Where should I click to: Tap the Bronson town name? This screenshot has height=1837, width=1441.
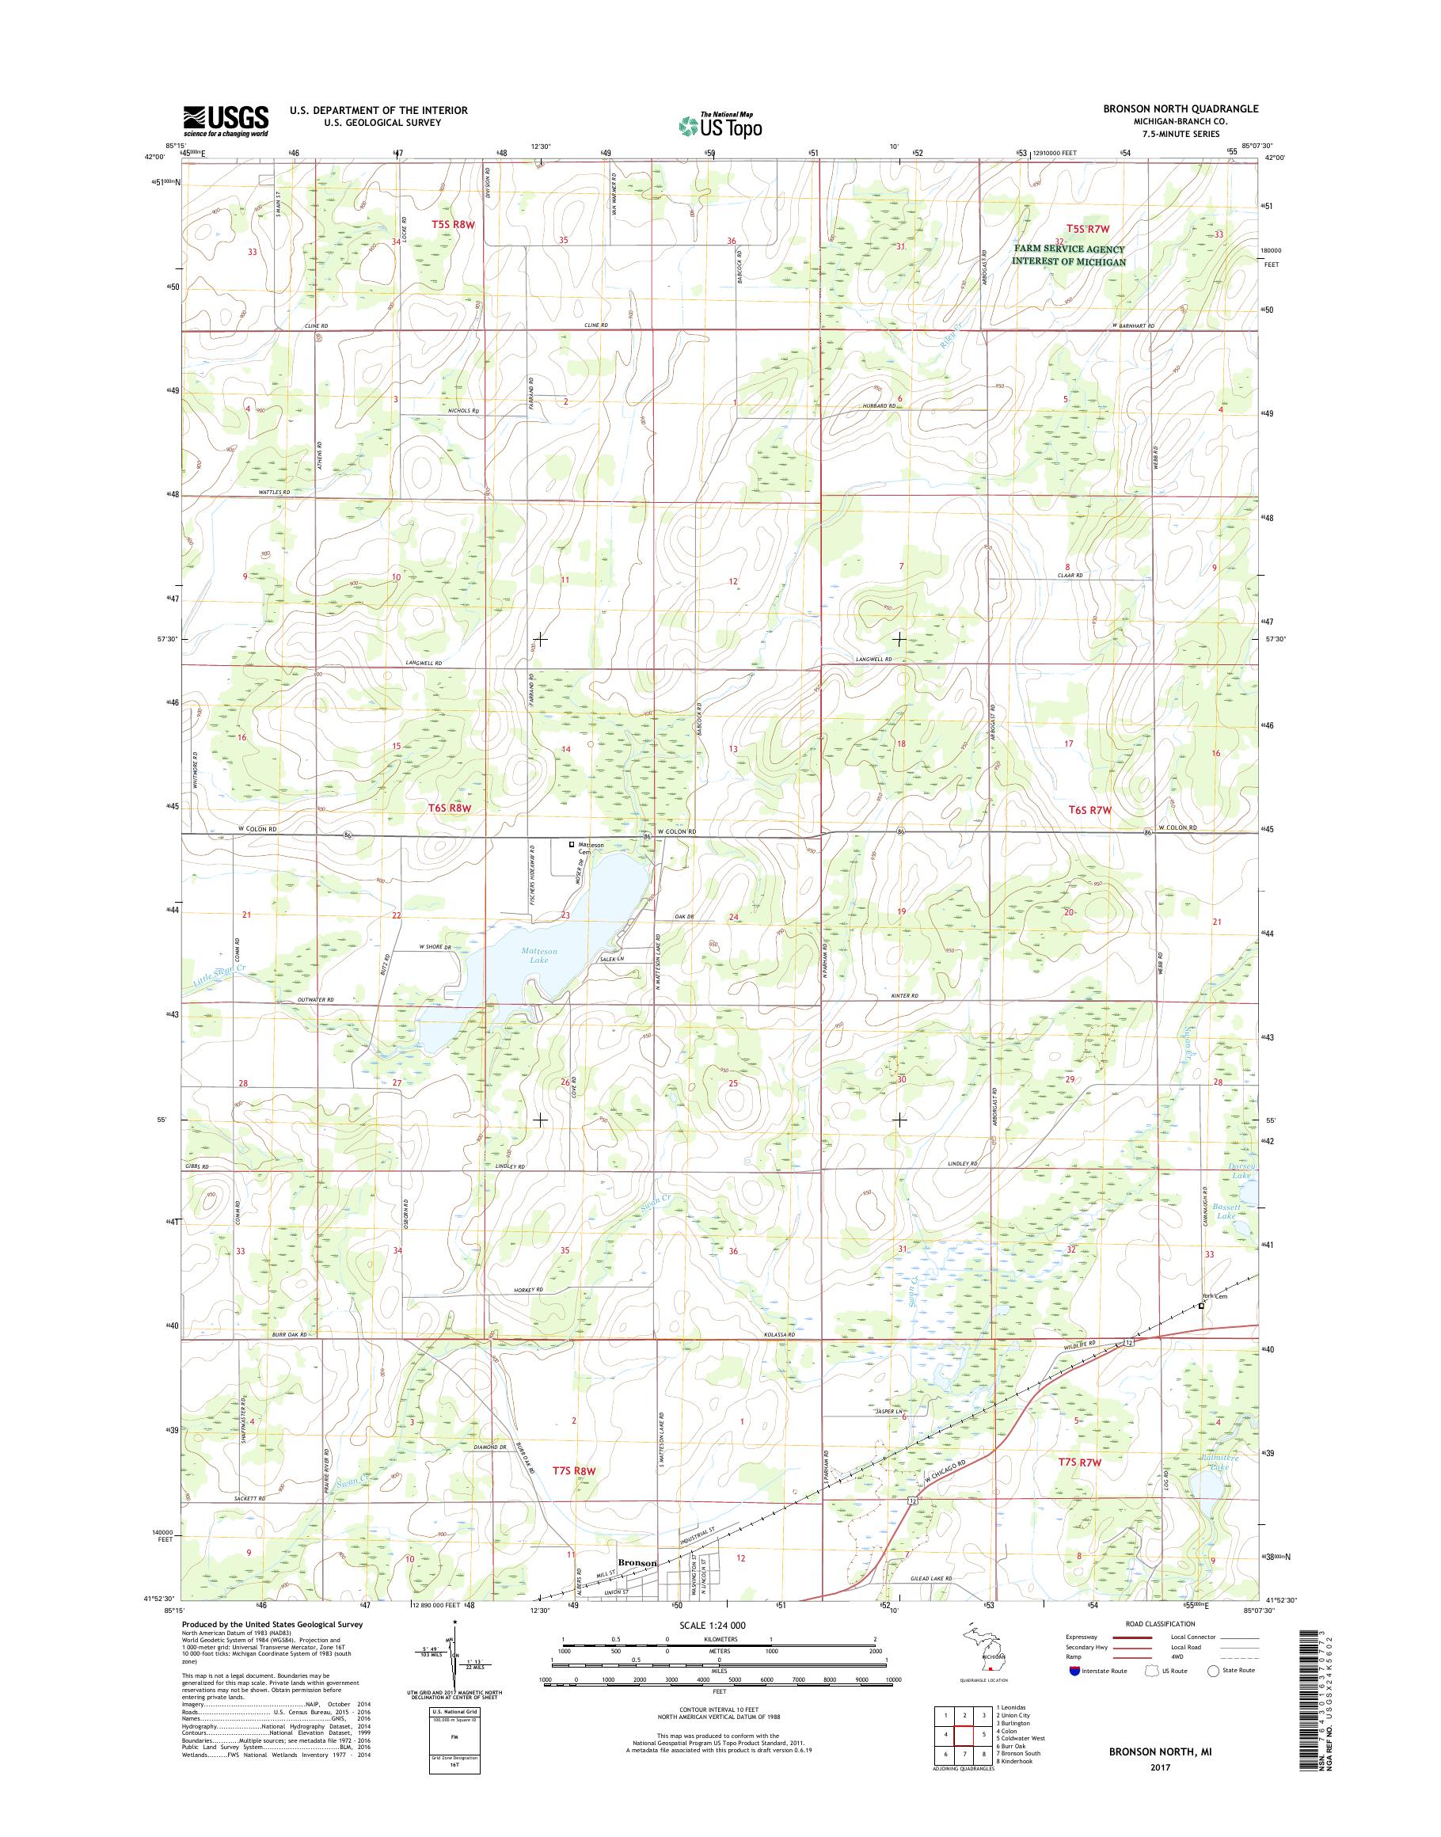coord(637,1563)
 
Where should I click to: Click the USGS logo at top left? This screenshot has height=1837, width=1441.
coord(226,120)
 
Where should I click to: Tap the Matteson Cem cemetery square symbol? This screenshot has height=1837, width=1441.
coord(571,844)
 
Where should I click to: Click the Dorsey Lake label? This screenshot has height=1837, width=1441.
coord(1244,1170)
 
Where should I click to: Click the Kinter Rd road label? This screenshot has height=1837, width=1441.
coord(903,997)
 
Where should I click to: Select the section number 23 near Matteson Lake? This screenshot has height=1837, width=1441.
coord(565,915)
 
